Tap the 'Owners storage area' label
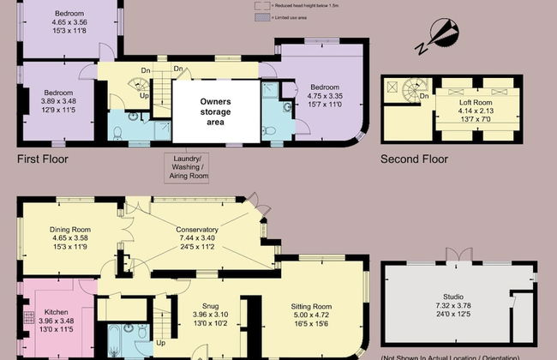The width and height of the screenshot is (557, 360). [x=215, y=112]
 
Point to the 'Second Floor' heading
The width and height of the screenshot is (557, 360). [x=415, y=159]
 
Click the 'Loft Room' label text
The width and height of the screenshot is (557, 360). [x=476, y=102]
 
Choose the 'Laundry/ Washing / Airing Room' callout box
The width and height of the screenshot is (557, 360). [x=186, y=166]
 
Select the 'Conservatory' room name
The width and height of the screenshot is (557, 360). [x=197, y=230]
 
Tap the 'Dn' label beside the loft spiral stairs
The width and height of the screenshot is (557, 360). [x=424, y=96]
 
